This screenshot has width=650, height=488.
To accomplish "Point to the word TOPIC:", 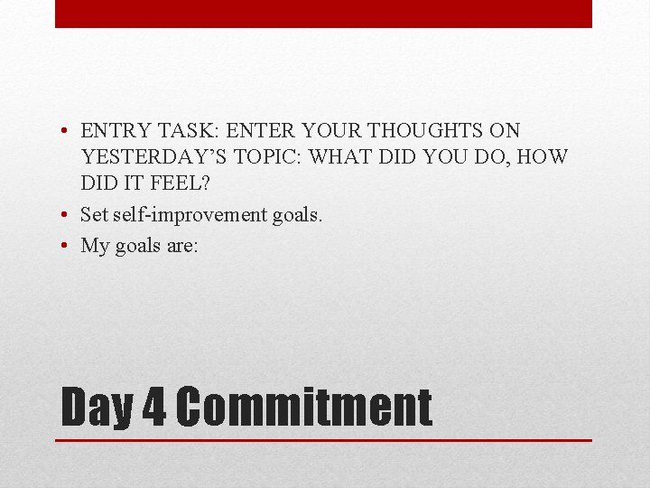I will [267, 157].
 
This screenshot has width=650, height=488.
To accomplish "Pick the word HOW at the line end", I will [544, 157].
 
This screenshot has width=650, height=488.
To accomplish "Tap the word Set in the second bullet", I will [95, 215].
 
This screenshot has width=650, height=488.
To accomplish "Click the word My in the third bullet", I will [95, 246].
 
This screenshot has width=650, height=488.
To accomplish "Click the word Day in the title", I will [97, 408].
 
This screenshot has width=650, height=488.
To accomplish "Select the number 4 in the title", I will [154, 408].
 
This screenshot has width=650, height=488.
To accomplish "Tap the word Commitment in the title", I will [303, 408].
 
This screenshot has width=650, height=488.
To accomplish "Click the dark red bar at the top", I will [323, 14].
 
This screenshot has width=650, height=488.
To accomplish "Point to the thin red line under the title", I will [323, 440].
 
